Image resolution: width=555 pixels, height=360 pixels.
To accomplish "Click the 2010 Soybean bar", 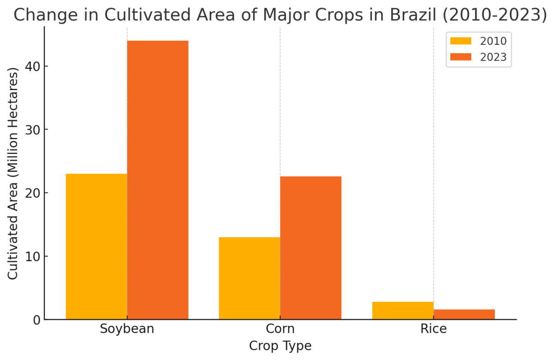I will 96,246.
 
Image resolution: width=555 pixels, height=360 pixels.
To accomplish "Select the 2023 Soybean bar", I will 158,180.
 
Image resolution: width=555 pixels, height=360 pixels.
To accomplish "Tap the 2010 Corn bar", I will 249,278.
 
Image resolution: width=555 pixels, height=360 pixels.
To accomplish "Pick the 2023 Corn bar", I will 311,248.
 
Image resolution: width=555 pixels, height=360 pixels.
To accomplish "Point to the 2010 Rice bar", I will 402,311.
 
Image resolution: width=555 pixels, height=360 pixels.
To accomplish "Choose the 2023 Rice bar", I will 464,314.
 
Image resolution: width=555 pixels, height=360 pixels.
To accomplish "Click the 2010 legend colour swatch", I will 461,41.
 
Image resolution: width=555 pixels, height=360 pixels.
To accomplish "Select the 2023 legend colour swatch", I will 461,57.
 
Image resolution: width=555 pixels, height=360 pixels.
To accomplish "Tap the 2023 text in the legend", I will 493,57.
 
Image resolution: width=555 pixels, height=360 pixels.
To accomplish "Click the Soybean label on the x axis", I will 127,329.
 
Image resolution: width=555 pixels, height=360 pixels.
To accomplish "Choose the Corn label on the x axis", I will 280,329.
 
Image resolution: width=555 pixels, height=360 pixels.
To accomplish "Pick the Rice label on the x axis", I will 433,329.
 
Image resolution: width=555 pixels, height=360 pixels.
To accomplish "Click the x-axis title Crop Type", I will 280,346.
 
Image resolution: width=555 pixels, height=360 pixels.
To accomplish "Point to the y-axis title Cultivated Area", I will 13,173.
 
